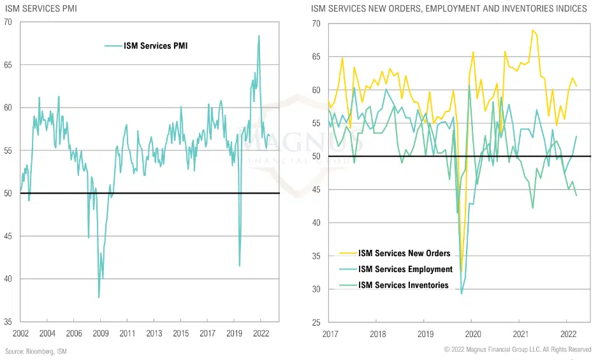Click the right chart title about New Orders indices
(x=449, y=9)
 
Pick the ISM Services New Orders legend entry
(x=404, y=254)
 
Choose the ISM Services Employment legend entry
(x=405, y=270)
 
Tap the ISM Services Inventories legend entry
(x=404, y=285)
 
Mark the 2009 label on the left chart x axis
(x=101, y=334)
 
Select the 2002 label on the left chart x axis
(x=20, y=334)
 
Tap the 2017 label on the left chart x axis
(x=207, y=334)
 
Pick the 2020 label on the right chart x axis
(x=472, y=334)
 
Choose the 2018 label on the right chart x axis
(x=377, y=334)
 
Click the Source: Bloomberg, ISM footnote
(x=36, y=351)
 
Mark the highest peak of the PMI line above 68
(x=259, y=36)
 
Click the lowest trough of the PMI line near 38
(x=99, y=298)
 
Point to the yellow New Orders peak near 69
(x=532, y=30)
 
